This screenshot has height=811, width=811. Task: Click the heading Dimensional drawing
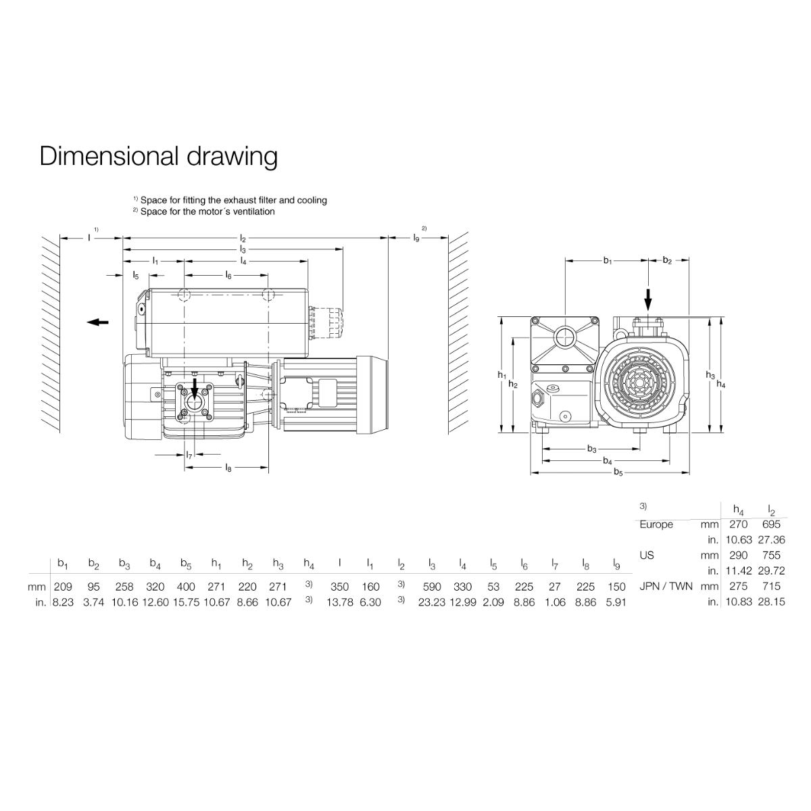coord(158,156)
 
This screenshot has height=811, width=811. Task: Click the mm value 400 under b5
coord(186,587)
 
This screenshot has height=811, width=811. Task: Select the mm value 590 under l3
coord(431,587)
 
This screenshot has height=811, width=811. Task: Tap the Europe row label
coord(656,524)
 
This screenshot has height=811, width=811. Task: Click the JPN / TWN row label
coord(666,587)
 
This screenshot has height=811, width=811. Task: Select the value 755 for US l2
coord(771,556)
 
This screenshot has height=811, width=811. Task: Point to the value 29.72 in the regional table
coord(771,570)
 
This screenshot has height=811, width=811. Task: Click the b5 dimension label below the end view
coord(618,472)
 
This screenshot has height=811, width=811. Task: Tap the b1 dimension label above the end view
coord(608,260)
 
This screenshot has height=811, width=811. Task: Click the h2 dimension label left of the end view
coord(513,384)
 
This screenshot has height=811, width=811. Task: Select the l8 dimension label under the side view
coord(228,467)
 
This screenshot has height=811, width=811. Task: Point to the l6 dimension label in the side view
coord(228,275)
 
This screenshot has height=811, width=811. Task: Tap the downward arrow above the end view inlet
coord(647,298)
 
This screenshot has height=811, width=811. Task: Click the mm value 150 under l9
coord(616,587)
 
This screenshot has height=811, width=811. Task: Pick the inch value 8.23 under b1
coord(63,601)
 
